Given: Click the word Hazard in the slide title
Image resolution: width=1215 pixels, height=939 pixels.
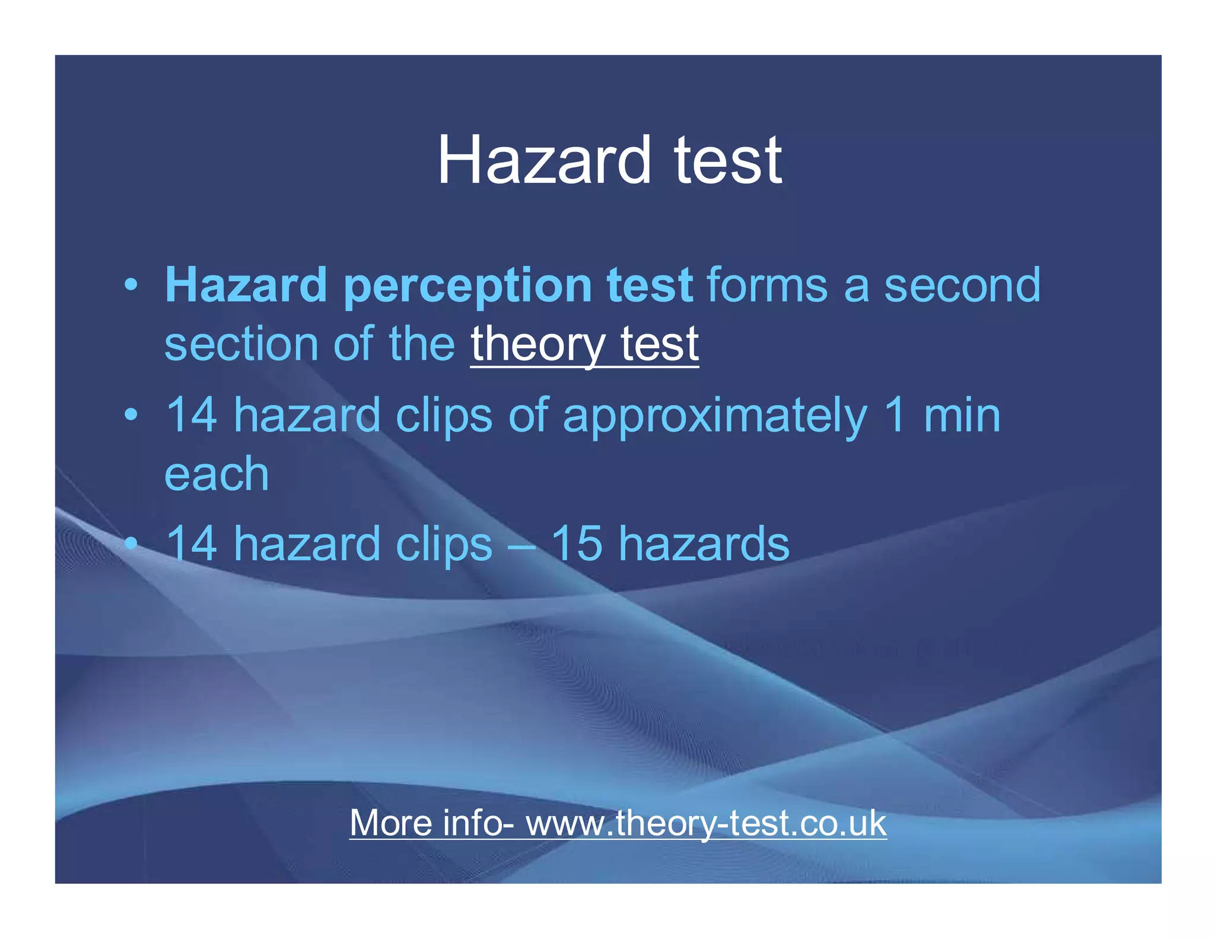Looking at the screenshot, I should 544,160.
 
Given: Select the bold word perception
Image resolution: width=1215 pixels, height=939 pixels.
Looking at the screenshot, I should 468,285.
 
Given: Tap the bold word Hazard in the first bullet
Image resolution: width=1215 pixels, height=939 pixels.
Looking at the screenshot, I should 246,285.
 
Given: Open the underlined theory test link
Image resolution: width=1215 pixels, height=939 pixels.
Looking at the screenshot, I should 584,344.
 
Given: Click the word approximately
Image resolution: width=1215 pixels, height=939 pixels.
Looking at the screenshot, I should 715,415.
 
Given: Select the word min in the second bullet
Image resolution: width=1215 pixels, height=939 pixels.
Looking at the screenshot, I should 962,415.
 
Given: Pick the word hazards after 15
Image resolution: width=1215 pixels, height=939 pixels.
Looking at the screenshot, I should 704,544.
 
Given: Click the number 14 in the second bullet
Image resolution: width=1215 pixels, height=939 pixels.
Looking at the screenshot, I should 191,415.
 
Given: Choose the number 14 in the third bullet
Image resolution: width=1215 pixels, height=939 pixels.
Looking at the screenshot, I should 191,544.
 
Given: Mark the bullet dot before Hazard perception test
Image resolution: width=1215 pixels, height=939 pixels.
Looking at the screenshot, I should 132,285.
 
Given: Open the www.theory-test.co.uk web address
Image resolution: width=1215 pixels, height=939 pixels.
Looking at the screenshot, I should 706,823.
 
